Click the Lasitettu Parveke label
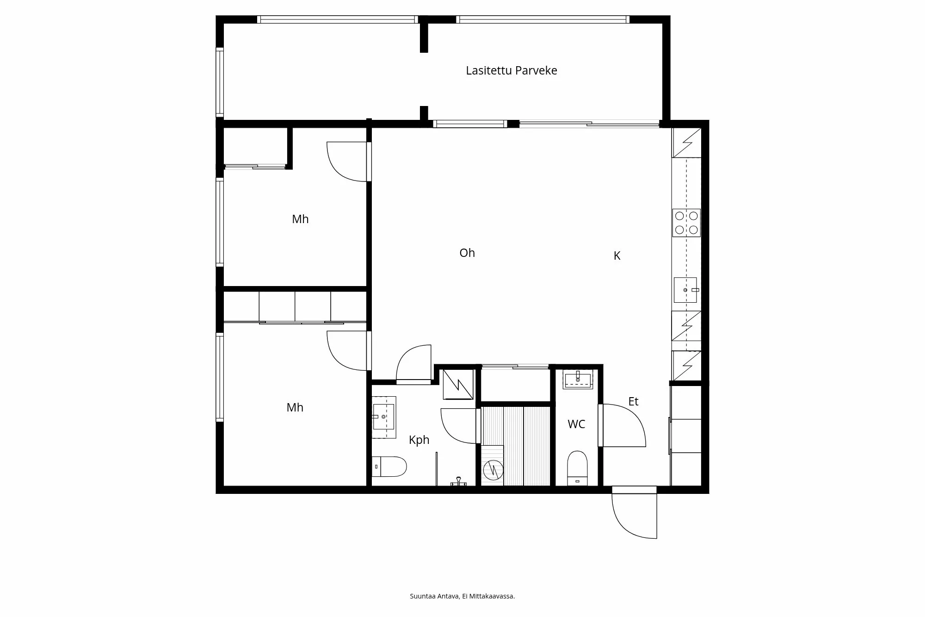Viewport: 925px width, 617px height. point(511,70)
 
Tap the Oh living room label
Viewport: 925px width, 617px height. point(467,253)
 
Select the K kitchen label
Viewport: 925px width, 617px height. point(617,256)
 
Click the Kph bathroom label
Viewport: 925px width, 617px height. point(419,440)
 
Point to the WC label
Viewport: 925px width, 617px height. point(576,424)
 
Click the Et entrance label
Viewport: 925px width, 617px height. point(633,401)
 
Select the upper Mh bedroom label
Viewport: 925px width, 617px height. point(300,219)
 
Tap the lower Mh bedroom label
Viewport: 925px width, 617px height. point(295,407)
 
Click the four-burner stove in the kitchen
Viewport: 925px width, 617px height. point(686,223)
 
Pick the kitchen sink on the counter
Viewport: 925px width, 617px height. point(685,290)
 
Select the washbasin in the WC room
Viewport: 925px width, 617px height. point(578,379)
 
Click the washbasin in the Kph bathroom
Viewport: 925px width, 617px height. point(383,417)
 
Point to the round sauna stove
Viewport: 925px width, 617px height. point(493,470)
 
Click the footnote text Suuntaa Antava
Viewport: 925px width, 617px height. point(462,596)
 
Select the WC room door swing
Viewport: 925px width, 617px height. point(623,425)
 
